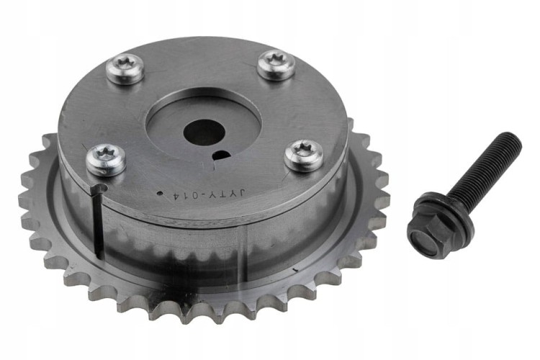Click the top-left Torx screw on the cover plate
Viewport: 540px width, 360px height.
click(x=125, y=70)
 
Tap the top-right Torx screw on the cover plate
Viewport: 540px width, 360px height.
click(x=276, y=65)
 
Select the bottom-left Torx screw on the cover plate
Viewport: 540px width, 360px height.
click(x=106, y=160)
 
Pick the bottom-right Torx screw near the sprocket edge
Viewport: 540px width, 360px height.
click(x=304, y=156)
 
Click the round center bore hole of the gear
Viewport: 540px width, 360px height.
click(x=204, y=132)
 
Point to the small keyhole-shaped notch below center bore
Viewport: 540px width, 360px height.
click(x=220, y=157)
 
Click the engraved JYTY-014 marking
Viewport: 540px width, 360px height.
click(x=208, y=194)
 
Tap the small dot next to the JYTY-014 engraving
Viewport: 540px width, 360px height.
click(x=159, y=194)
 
